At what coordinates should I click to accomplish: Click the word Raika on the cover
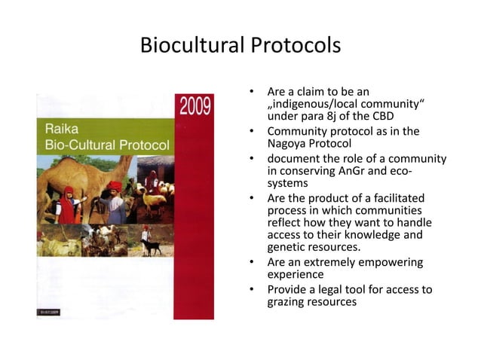point(60,129)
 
